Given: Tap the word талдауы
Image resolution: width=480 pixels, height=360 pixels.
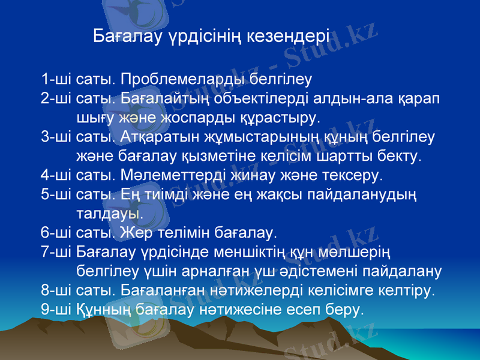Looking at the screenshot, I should (x=110, y=214).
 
